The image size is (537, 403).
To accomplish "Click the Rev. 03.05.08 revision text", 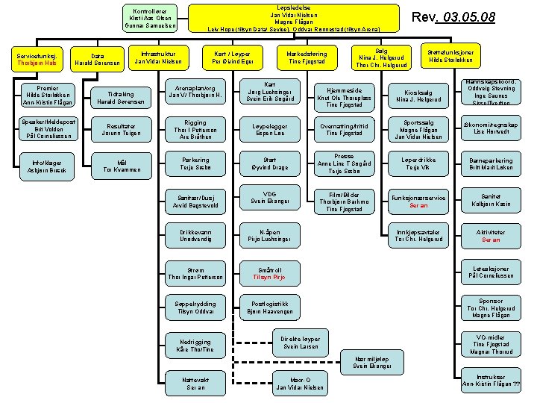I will [465, 17].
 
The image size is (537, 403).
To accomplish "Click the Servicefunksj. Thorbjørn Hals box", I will [36, 60].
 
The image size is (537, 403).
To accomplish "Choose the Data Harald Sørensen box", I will [97, 60].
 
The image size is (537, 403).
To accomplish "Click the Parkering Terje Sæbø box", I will [196, 164].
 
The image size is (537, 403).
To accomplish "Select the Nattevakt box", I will [196, 384].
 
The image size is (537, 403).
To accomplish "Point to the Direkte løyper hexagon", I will [301, 342].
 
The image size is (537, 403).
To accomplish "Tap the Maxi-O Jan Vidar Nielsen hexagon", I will [299, 384].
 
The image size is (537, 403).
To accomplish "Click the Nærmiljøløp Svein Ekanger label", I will [371, 363].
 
